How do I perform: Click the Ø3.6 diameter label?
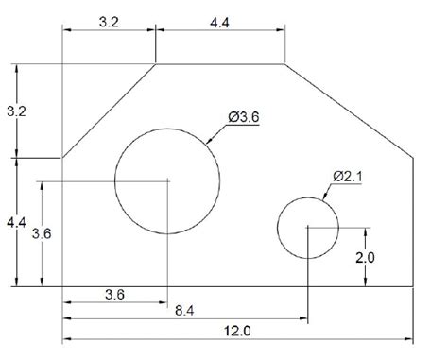click(244, 117)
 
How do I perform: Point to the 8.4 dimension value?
click(186, 309)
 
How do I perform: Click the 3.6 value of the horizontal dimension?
click(114, 294)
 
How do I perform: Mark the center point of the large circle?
click(167, 180)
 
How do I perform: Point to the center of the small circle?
click(307, 228)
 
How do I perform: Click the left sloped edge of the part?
click(109, 111)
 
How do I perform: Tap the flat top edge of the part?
click(219, 63)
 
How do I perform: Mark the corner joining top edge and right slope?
click(285, 63)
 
